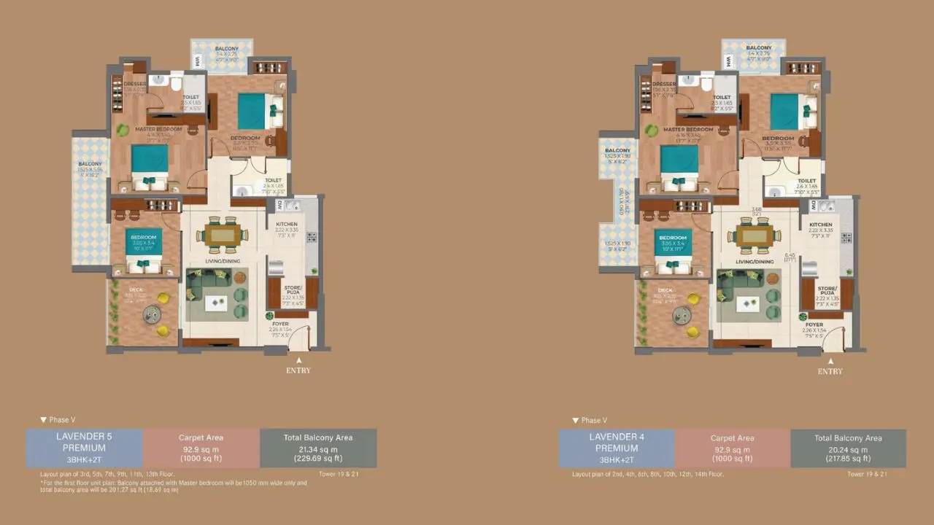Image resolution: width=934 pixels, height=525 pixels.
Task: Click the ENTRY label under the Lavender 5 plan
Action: (x=298, y=370)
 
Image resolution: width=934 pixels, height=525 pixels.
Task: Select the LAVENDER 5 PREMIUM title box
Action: (x=84, y=448)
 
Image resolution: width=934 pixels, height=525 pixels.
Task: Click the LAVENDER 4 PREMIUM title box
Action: (x=617, y=448)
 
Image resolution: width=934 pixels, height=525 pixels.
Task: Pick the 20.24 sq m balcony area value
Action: (x=848, y=449)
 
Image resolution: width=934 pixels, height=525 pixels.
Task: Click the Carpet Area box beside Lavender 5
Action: (x=201, y=448)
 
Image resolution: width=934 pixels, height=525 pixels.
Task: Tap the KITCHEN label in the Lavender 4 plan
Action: (x=820, y=225)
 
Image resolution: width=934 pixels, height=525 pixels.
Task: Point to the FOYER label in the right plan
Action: (x=814, y=324)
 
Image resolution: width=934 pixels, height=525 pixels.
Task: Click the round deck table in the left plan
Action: (x=152, y=315)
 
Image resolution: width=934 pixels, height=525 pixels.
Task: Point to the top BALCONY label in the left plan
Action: (x=226, y=49)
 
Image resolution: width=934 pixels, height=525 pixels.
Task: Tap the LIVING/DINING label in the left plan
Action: (x=225, y=261)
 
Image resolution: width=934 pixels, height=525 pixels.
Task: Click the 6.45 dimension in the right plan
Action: (x=790, y=256)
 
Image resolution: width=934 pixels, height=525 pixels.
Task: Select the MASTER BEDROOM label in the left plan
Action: (x=158, y=129)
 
